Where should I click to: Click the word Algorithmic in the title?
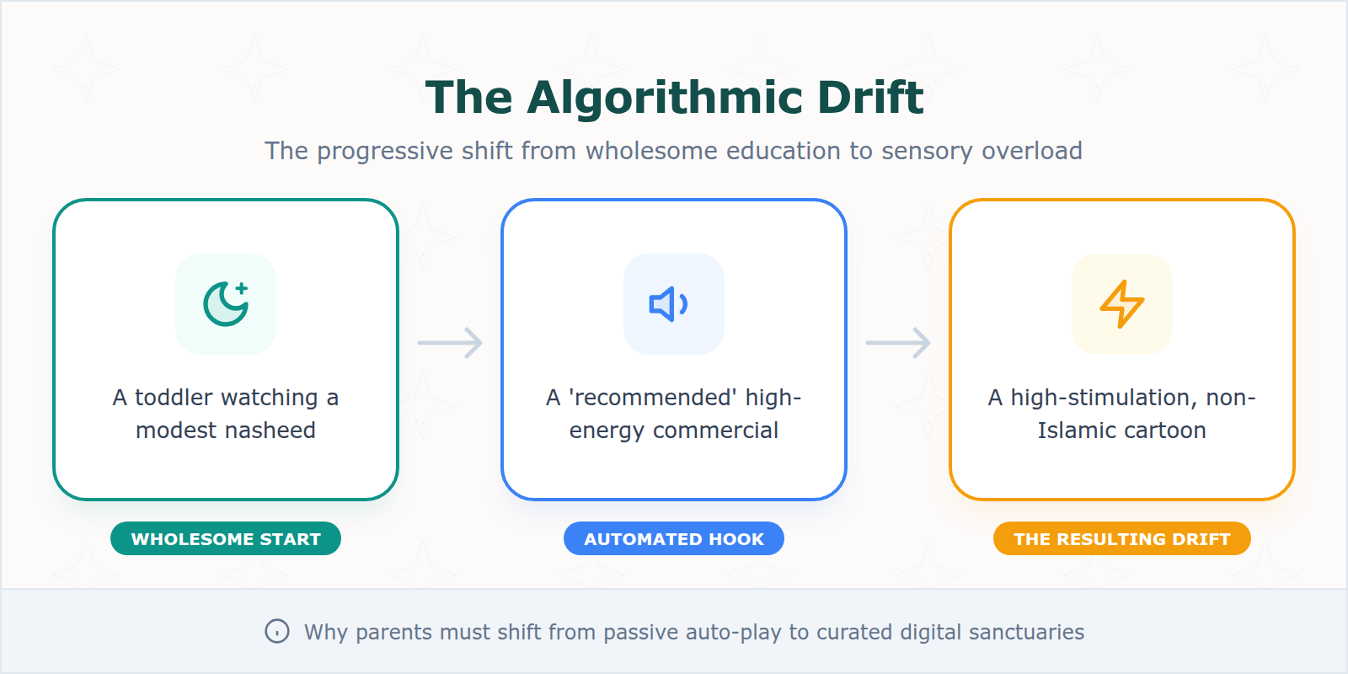pyautogui.click(x=653, y=98)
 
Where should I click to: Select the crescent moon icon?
pyautogui.click(x=226, y=304)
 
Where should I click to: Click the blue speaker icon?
pyautogui.click(x=670, y=304)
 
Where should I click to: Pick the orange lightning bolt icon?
pyautogui.click(x=1122, y=304)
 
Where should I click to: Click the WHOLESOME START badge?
pyautogui.click(x=226, y=539)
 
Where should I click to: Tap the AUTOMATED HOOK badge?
pyautogui.click(x=674, y=539)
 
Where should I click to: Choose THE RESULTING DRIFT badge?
pyautogui.click(x=1122, y=539)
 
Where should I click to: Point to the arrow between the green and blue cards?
pyautogui.click(x=450, y=343)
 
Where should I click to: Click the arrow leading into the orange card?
pyautogui.click(x=898, y=343)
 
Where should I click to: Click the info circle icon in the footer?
pyautogui.click(x=277, y=631)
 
